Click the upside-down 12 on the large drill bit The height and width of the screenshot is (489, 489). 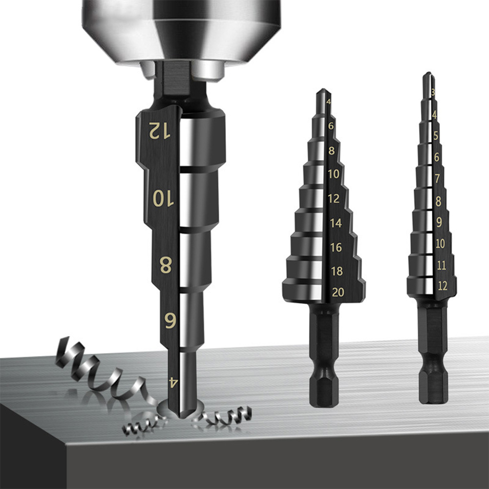(160, 130)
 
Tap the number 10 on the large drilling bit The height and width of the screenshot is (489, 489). (163, 198)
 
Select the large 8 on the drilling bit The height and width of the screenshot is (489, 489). (166, 265)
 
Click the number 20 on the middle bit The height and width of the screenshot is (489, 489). (338, 292)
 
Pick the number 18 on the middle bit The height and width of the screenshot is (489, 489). (337, 271)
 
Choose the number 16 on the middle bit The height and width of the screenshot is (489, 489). (336, 247)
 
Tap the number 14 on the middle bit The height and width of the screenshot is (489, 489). (336, 223)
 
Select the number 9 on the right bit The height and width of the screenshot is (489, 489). (439, 222)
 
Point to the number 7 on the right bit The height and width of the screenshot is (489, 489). (437, 178)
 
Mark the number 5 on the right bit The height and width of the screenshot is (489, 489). (435, 136)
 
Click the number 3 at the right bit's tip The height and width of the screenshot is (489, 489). (433, 91)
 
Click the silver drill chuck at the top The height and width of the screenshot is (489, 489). (181, 29)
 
